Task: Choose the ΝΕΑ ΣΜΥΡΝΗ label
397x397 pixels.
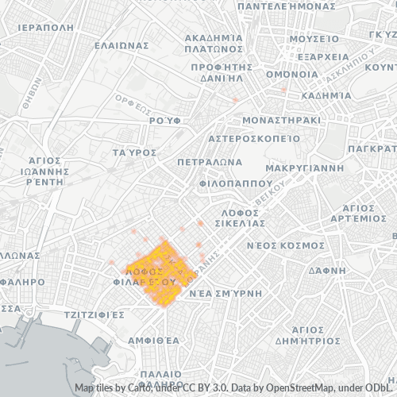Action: coord(225,293)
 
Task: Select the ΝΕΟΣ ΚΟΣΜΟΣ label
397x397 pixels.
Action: coord(285,245)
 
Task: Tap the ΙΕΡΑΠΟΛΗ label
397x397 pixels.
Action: coord(49,26)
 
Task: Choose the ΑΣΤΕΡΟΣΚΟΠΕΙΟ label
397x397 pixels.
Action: coord(253,137)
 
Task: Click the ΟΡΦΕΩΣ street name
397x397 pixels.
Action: coord(133,100)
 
